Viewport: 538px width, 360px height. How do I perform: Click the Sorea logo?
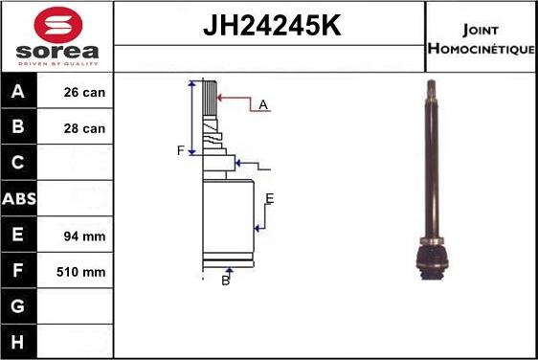click(x=56, y=36)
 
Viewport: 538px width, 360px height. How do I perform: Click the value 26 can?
click(x=85, y=94)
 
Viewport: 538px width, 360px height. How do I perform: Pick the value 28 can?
click(x=85, y=128)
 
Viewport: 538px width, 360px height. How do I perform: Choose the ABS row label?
click(x=19, y=199)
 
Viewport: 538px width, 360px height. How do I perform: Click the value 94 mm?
click(x=85, y=236)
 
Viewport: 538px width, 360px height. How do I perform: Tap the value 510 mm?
click(x=82, y=272)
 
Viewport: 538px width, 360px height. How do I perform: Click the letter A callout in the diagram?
click(x=262, y=104)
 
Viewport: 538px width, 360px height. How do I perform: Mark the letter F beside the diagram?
click(x=180, y=150)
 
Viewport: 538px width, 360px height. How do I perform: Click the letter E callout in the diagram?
click(x=270, y=198)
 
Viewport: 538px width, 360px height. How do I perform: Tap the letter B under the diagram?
click(x=226, y=280)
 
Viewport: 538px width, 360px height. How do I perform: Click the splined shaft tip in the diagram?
click(x=209, y=97)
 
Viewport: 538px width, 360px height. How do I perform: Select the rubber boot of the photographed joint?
click(x=432, y=257)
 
